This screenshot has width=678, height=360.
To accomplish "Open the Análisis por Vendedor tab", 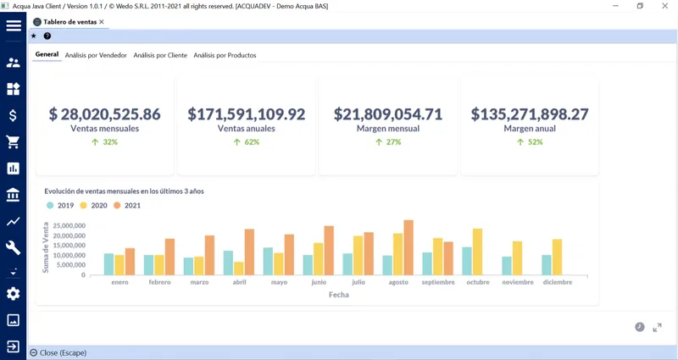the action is (96, 55).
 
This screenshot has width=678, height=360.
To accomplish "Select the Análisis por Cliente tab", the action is (160, 55).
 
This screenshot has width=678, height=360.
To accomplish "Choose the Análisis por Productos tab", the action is (225, 55).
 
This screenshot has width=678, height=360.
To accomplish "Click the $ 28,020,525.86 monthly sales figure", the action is (104, 114).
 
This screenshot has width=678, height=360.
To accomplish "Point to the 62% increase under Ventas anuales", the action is (247, 142).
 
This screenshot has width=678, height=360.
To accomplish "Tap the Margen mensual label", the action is (388, 129).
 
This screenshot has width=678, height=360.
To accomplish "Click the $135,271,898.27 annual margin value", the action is (530, 114).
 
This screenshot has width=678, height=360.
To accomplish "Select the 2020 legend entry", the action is (93, 205).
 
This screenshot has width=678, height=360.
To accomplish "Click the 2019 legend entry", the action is (60, 205).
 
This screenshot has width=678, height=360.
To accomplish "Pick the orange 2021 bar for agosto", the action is (408, 247).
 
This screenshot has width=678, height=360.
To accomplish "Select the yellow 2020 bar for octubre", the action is (477, 252).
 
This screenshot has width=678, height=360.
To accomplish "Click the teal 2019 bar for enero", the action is (109, 264).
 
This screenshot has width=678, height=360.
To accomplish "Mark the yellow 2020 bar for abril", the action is (239, 269).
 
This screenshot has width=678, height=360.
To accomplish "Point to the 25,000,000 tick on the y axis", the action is (69, 225).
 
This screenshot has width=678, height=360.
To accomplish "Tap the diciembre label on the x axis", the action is (558, 282).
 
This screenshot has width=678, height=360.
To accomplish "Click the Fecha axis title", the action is (338, 295).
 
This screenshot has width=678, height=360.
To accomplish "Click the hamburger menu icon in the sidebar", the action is (14, 25).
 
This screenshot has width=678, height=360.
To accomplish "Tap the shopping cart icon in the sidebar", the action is (13, 141).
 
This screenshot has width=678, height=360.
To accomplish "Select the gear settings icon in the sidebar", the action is (13, 294).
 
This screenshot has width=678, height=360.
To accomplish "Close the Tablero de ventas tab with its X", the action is (102, 22).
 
